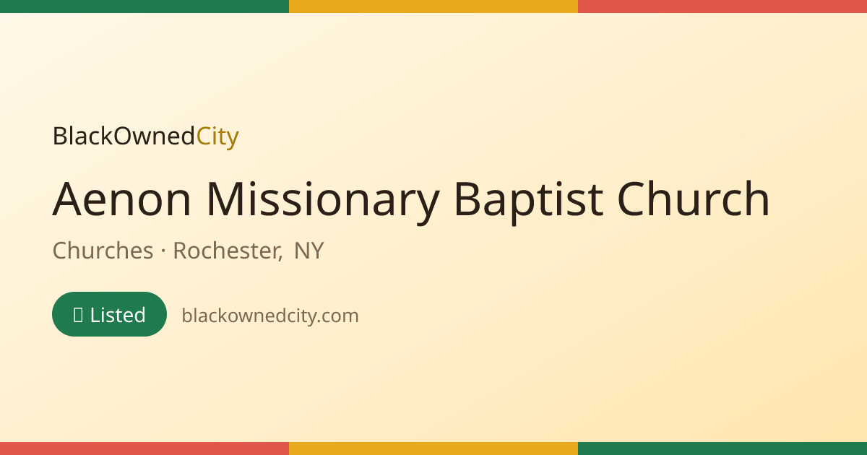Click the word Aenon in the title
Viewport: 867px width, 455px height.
[121, 199]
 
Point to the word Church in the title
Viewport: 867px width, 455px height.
[693, 198]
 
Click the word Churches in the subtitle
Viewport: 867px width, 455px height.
[103, 251]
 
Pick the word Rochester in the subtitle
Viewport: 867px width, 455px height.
[226, 251]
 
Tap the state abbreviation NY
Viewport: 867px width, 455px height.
[309, 251]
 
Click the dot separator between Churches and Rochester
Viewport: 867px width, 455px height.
[163, 251]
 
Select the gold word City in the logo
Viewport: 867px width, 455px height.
[217, 136]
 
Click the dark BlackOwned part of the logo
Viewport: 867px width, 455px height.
[124, 136]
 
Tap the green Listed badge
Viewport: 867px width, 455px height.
[110, 314]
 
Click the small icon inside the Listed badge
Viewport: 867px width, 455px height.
[78, 315]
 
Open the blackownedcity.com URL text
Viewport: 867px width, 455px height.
[270, 316]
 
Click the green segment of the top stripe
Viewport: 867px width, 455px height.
[144, 6]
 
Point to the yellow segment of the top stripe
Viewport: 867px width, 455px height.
[433, 6]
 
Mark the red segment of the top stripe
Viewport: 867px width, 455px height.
[722, 6]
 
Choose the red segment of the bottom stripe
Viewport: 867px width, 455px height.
[144, 448]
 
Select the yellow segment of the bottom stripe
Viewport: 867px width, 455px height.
[433, 448]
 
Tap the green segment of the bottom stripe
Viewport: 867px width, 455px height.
[722, 448]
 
